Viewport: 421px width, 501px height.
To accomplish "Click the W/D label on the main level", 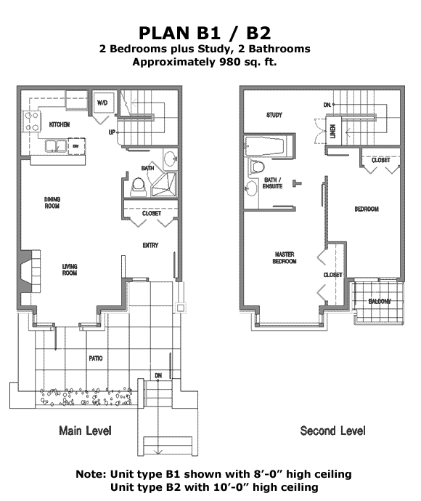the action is tap(102, 103).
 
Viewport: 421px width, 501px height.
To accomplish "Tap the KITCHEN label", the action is tap(60, 124).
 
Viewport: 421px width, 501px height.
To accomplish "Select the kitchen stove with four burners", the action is tap(32, 121).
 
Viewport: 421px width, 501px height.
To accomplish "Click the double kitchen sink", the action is tap(55, 146).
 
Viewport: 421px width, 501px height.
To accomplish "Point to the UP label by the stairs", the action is tap(112, 132).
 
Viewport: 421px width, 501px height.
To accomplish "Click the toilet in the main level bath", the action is tap(139, 188).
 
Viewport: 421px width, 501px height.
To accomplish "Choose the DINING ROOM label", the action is tap(52, 203).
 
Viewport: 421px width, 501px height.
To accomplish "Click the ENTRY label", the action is tap(150, 245).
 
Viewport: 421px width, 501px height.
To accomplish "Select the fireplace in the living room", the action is tap(28, 271).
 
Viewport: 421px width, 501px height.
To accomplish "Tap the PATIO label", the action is tap(96, 358).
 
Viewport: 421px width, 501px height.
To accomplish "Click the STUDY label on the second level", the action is tap(274, 115).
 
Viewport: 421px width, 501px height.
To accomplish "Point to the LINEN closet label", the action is tap(333, 131).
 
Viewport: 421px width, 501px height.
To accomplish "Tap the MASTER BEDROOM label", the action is tap(285, 258).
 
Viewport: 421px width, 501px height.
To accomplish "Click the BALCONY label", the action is tap(380, 301).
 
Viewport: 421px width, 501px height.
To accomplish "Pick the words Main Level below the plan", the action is tap(85, 430).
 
